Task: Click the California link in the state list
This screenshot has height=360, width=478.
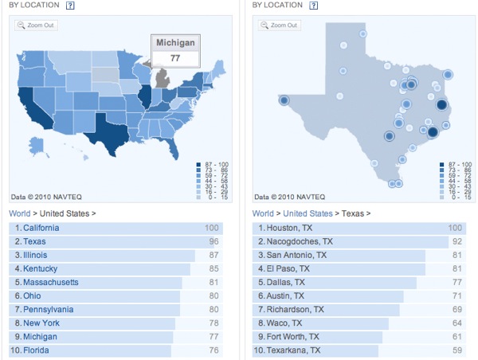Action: [41, 228]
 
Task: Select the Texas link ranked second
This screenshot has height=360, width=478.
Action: [34, 241]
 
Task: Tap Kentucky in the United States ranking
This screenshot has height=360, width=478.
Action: [40, 268]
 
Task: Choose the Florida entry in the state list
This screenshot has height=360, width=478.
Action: [36, 350]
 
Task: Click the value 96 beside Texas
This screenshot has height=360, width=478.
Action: [212, 241]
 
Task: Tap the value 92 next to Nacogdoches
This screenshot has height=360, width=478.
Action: [457, 241]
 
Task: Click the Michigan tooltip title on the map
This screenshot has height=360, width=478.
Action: [175, 41]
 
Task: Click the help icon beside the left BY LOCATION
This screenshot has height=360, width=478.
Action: [71, 6]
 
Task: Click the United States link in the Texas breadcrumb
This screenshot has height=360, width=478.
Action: [308, 213]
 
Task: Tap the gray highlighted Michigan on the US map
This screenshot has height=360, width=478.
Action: [163, 79]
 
